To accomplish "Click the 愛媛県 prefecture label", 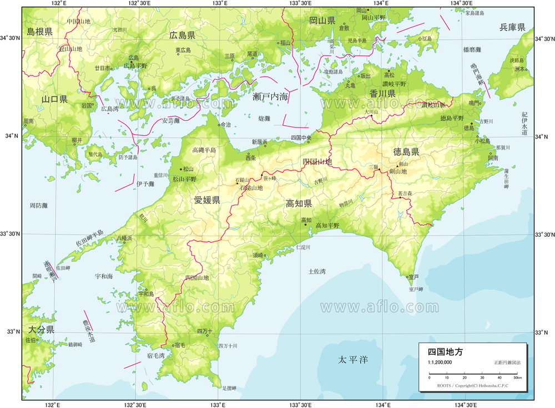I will tap(207, 200).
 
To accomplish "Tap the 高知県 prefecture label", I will tap(299, 203).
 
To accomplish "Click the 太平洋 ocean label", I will tap(353, 360).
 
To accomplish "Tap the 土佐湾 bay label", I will tap(317, 271).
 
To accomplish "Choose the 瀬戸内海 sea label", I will tap(270, 96).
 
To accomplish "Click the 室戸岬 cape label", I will tap(416, 289).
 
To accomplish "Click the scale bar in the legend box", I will tap(473, 377).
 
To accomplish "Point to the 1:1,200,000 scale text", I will tap(440, 362).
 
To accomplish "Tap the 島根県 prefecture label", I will tap(39, 32).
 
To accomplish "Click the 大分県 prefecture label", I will tap(41, 329).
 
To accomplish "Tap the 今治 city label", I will tap(225, 125).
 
